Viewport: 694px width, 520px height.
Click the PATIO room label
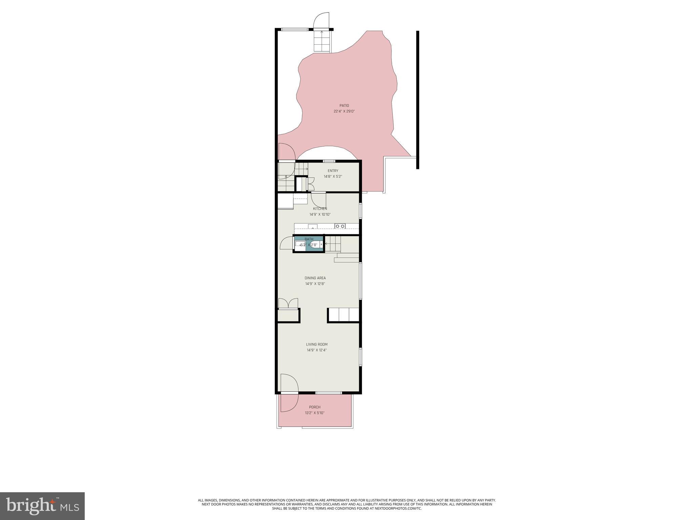pos(344,106)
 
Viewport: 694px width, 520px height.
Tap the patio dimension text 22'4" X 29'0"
pos(344,111)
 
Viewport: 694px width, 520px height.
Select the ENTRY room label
pos(333,171)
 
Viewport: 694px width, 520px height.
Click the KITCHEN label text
pos(320,209)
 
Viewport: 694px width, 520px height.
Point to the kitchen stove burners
pos(340,226)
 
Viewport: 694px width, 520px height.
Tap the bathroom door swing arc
pos(286,243)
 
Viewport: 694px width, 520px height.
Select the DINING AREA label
pos(315,278)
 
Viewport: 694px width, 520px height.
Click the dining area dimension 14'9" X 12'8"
pos(315,284)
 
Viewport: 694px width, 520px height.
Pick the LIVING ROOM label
pos(317,345)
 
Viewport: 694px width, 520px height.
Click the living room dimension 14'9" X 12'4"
pos(317,350)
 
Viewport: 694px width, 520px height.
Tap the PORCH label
pos(314,407)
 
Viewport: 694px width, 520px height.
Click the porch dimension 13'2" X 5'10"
pos(314,413)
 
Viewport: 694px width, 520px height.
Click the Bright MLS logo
pos(42,506)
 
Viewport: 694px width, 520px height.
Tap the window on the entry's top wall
pos(329,161)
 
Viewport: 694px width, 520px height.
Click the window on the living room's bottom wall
pos(328,393)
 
